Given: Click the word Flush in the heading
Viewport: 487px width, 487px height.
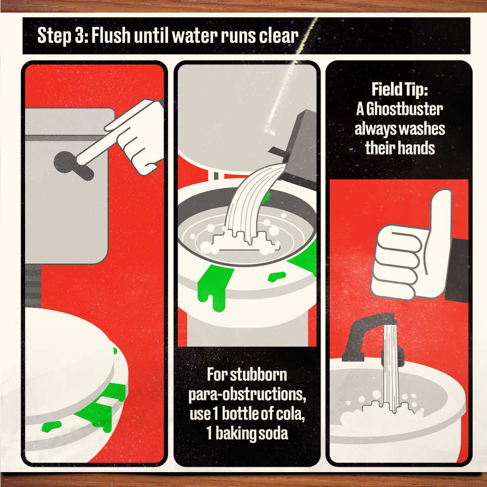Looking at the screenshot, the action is click(110, 35).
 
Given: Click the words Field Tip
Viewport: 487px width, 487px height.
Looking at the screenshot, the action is click(400, 89).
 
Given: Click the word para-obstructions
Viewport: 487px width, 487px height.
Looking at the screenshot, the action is click(247, 395).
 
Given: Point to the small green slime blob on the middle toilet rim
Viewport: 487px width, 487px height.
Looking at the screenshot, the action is click(276, 276).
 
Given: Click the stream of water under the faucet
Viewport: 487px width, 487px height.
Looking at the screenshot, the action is click(391, 368).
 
